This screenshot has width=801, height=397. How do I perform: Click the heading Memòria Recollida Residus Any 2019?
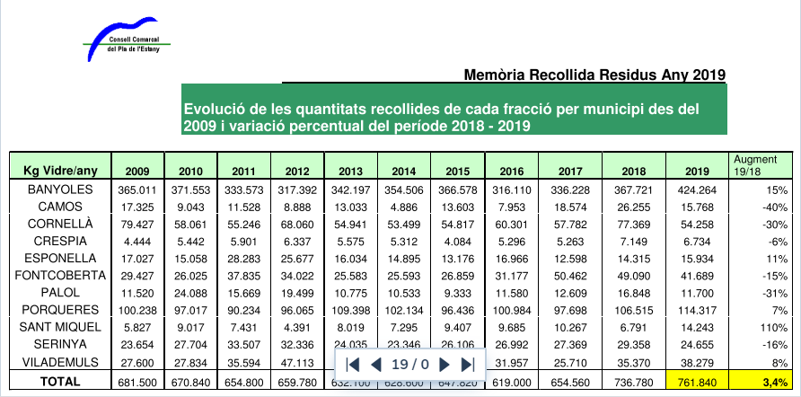click(x=594, y=75)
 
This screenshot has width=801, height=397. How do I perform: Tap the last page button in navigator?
click(x=467, y=364)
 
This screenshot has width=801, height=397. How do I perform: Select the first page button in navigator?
click(x=353, y=364)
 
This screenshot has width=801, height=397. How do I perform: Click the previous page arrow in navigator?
click(x=376, y=364)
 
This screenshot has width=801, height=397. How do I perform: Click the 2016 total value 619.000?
click(x=507, y=381)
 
